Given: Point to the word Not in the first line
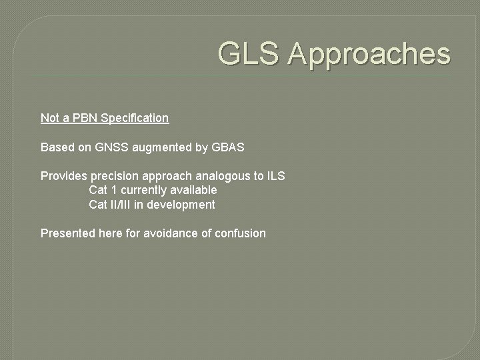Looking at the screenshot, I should [50, 118].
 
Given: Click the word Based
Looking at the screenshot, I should [56, 147].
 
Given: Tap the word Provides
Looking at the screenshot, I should [64, 176].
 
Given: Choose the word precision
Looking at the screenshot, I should [113, 176].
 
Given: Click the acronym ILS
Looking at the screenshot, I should [275, 176].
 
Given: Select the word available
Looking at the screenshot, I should [194, 190].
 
